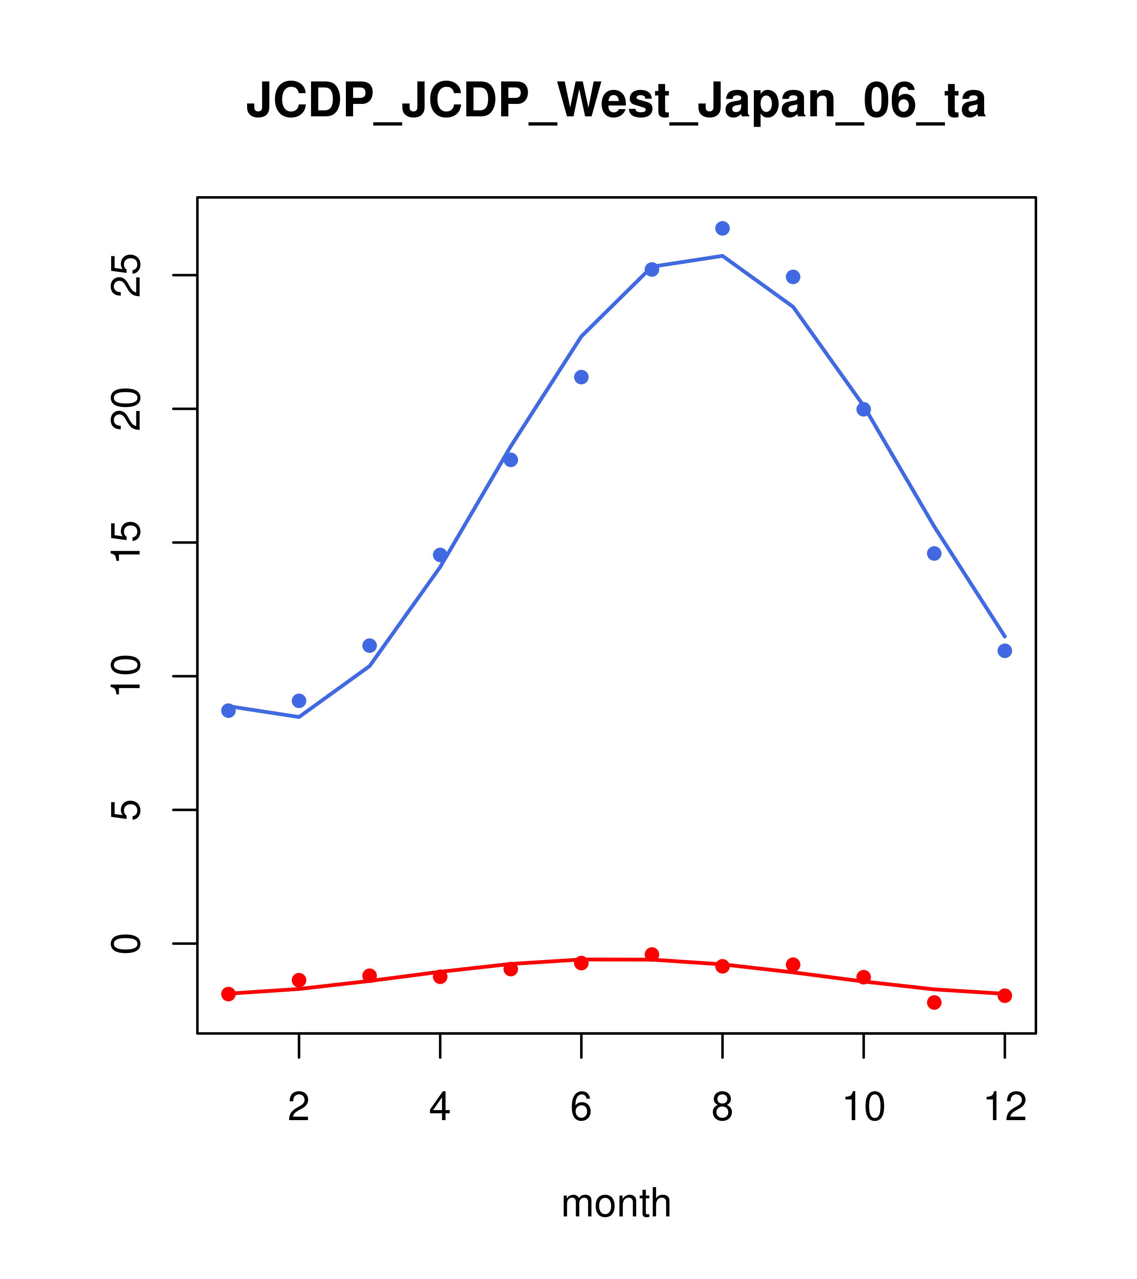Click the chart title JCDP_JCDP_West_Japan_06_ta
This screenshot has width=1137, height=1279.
[616, 100]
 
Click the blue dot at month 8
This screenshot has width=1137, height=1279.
[722, 228]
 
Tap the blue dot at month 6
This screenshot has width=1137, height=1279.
[581, 377]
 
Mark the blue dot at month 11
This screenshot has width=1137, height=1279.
[934, 553]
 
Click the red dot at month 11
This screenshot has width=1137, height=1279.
[934, 1003]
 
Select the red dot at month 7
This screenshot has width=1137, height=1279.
[652, 954]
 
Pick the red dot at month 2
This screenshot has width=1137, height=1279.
[299, 980]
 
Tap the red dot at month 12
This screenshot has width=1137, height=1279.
[1005, 995]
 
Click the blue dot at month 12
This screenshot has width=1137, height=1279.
[1005, 651]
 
